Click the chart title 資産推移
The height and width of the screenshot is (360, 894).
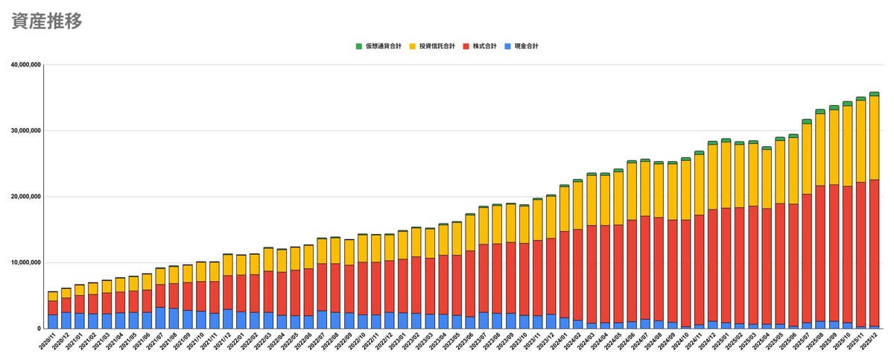(47, 21)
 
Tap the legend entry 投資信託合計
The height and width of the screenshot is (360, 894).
(437, 46)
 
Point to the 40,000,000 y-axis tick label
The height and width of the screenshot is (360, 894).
(25, 65)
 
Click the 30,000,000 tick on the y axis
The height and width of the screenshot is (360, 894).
(25, 130)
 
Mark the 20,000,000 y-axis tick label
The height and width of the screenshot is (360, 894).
(25, 197)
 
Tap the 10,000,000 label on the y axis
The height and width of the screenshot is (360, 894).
(25, 262)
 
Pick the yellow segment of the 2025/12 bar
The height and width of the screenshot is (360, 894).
(874, 137)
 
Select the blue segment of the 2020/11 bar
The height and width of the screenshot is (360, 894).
(53, 321)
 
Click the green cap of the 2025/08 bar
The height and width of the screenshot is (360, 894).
(820, 111)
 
